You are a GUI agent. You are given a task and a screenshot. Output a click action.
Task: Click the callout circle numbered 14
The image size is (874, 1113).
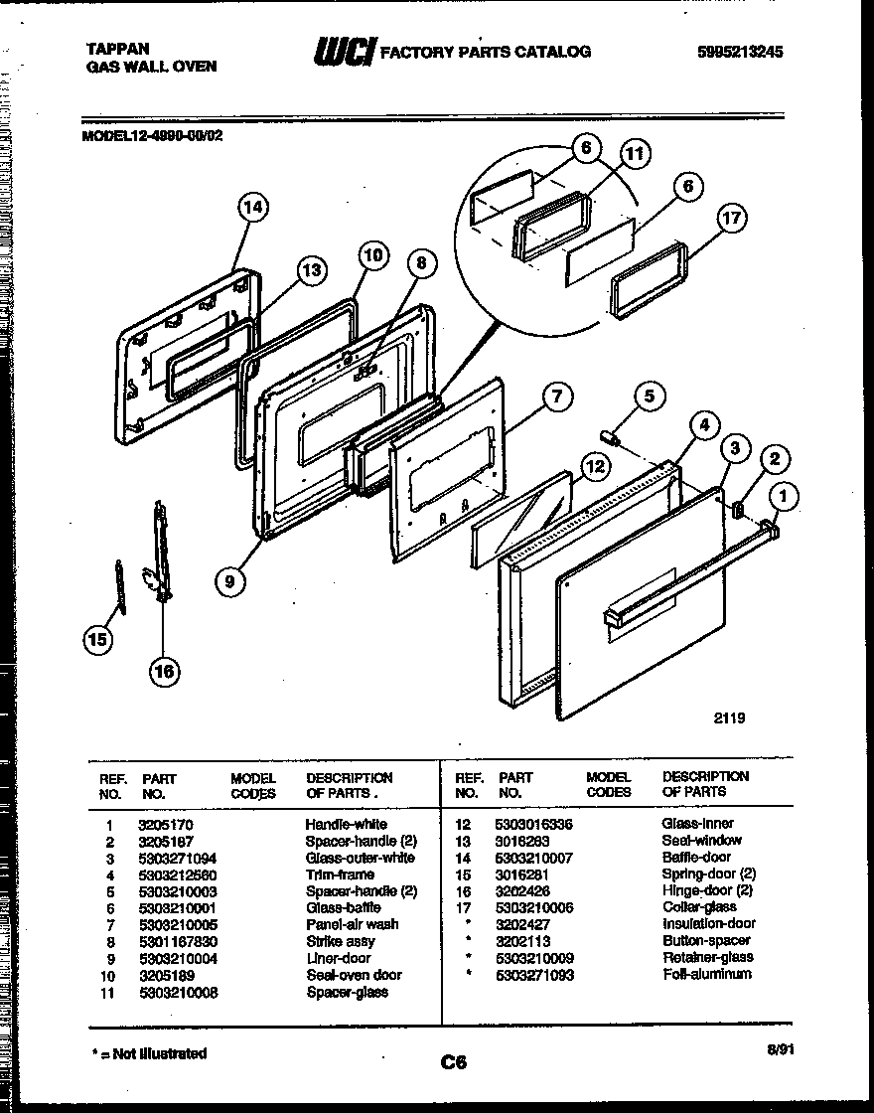pyautogui.click(x=253, y=207)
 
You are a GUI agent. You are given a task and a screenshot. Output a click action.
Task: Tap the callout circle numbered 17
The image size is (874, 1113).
pyautogui.click(x=731, y=219)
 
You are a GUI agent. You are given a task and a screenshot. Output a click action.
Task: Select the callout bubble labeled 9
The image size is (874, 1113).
pyautogui.click(x=230, y=581)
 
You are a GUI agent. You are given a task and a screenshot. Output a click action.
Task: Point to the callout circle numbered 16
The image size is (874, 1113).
pyautogui.click(x=164, y=671)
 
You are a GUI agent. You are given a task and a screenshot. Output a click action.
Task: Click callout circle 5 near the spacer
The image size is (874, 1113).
pyautogui.click(x=649, y=397)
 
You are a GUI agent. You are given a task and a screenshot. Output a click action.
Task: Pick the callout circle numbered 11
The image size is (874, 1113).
pyautogui.click(x=635, y=153)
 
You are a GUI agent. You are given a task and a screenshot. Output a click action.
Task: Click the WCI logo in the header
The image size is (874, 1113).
pyautogui.click(x=344, y=53)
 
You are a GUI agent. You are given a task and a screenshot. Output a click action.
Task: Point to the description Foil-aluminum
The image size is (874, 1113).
pyautogui.click(x=707, y=975)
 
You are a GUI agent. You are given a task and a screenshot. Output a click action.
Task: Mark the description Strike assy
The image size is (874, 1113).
pyautogui.click(x=340, y=941)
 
